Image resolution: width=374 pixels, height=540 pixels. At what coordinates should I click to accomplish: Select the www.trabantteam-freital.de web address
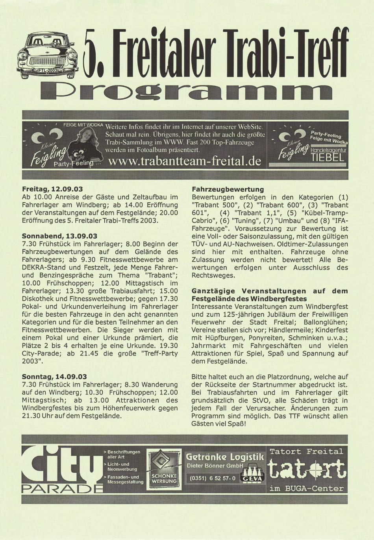(184, 161)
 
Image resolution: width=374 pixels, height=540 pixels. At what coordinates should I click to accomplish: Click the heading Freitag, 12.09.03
(52, 189)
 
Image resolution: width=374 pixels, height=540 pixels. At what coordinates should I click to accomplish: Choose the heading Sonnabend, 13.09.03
(59, 236)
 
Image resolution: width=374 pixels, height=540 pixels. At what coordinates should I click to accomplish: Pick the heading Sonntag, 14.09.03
(54, 377)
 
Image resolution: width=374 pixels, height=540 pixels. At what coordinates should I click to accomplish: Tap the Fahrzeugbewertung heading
(228, 189)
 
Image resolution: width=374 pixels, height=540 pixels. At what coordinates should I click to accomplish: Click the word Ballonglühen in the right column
(322, 322)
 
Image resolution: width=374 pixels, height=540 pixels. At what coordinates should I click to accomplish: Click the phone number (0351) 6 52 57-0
(213, 478)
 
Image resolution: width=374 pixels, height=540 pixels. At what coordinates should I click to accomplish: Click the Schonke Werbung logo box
(164, 469)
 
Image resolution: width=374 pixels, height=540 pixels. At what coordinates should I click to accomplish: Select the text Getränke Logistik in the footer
(225, 457)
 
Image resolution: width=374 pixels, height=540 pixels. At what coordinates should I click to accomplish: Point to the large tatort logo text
(306, 470)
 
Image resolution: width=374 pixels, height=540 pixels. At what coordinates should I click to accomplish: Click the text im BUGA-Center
(306, 488)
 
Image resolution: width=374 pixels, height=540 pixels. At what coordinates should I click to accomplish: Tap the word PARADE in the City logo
(62, 488)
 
